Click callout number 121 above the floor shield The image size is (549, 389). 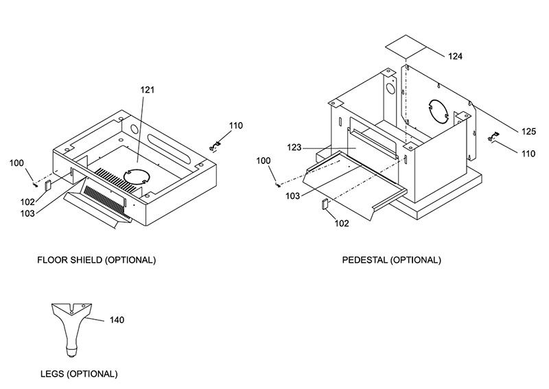click(148, 90)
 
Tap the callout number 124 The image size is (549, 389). click(455, 56)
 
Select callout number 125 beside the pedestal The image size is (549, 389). click(528, 131)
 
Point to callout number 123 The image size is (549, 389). click(294, 148)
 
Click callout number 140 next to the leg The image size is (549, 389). click(117, 320)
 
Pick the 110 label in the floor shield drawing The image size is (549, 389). click(236, 126)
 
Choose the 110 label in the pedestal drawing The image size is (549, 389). click(528, 154)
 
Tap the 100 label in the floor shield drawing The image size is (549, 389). click(16, 163)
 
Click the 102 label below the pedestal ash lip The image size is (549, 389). click(342, 224)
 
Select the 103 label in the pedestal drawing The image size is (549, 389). click(293, 196)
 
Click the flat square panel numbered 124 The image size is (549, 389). click(406, 47)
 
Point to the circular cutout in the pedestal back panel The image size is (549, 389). click(439, 110)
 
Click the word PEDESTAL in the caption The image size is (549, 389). click(365, 260)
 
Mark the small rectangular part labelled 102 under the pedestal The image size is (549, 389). click(325, 204)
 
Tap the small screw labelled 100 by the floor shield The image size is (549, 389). click(35, 184)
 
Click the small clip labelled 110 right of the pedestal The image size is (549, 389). click(493, 137)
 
